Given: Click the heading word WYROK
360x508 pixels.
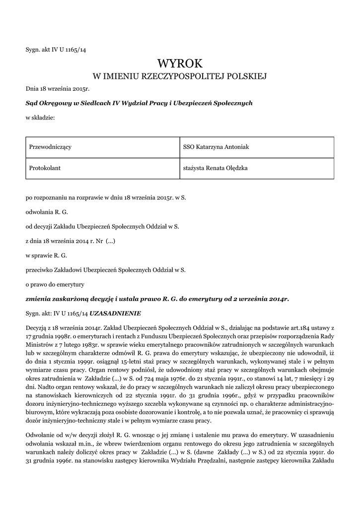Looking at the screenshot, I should click(180, 63).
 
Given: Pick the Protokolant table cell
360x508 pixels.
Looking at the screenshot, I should click(45, 168).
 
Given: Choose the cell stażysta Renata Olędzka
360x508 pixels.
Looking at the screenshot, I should click(216, 168).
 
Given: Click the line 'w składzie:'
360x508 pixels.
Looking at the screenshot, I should click(40, 118).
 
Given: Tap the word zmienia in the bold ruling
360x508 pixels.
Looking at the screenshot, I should click(39, 299).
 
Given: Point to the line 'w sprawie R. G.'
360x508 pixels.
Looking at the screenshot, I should click(46, 255).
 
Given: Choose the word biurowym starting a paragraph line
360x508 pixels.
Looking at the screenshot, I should click(40, 409).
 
